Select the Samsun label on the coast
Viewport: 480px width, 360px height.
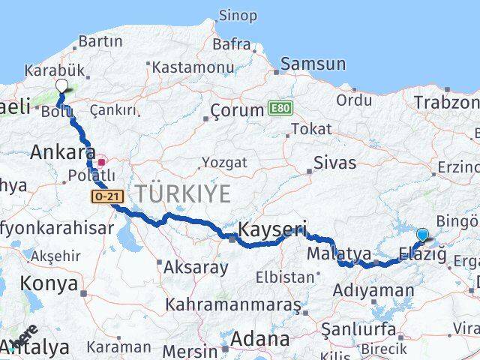click(x=313, y=64)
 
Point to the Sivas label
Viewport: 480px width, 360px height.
click(x=334, y=163)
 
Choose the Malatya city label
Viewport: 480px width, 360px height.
click(x=335, y=253)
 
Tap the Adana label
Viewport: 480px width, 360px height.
click(x=259, y=339)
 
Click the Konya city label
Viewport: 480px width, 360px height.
click(x=49, y=283)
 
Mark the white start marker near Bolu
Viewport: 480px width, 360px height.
click(x=61, y=86)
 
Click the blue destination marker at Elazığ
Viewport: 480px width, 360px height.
click(x=422, y=235)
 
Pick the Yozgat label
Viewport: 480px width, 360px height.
click(x=225, y=161)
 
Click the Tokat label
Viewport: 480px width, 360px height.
click(x=310, y=129)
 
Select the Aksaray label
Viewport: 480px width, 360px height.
click(x=196, y=267)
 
